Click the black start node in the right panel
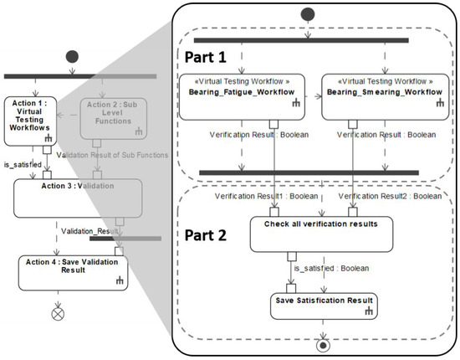(308, 14)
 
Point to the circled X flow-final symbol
(58, 314)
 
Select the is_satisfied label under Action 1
(23, 165)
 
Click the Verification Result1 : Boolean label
(265, 196)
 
